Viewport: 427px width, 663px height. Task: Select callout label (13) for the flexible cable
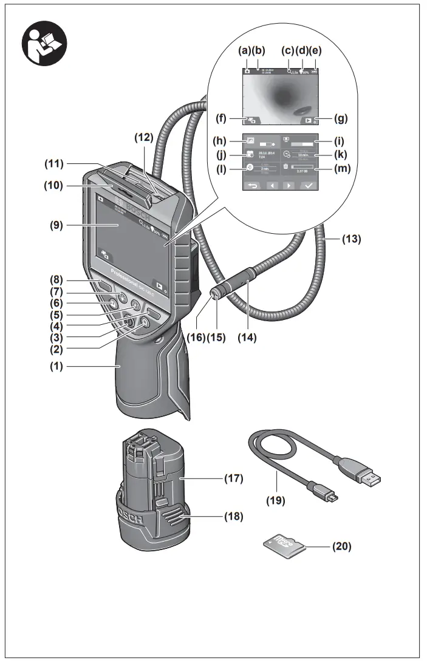[x=351, y=239]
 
